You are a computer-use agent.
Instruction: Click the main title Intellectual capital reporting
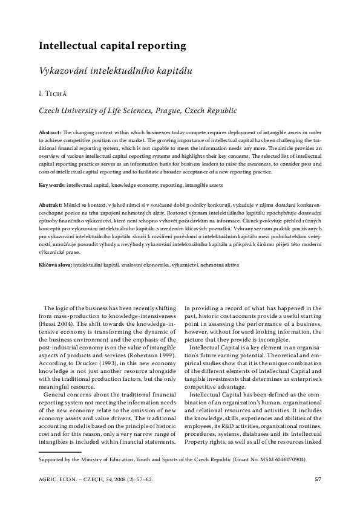pyautogui.click(x=112, y=45)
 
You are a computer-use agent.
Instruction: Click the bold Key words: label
pyautogui.click(x=52, y=184)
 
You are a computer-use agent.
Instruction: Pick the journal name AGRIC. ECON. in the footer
pyautogui.click(x=56, y=481)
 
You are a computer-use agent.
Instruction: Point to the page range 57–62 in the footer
pyautogui.click(x=151, y=481)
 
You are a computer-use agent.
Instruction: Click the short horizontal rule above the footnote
pyautogui.click(x=59, y=451)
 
